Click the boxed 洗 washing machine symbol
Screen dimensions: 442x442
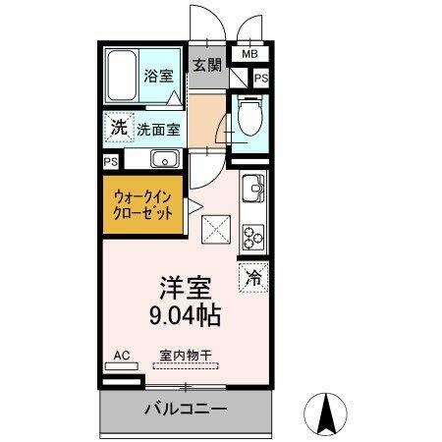tap(118, 127)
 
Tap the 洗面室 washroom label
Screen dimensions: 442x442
tap(156, 128)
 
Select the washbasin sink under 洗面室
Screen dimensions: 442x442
tap(164, 159)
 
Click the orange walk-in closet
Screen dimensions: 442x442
tap(142, 204)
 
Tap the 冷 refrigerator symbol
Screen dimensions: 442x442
tap(252, 278)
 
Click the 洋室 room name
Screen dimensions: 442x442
tap(185, 288)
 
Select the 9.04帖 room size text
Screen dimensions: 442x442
tap(185, 317)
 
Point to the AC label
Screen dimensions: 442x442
tap(123, 355)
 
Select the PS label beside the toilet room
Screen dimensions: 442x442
tap(260, 79)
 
